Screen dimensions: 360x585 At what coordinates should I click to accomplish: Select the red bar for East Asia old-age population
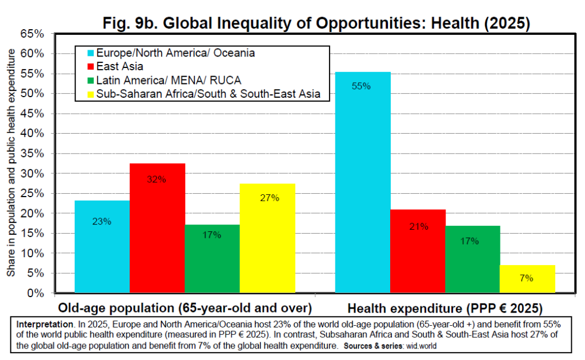tap(157, 229)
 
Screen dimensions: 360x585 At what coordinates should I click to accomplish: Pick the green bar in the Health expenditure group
tap(472, 259)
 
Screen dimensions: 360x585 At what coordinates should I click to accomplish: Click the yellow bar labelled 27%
tap(267, 238)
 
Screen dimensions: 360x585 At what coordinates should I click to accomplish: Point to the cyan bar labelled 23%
tap(102, 247)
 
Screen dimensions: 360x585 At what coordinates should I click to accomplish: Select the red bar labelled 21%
tap(418, 251)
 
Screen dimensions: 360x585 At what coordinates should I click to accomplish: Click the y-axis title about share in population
tap(11, 163)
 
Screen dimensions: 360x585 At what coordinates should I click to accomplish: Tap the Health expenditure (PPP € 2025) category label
tap(445, 308)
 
